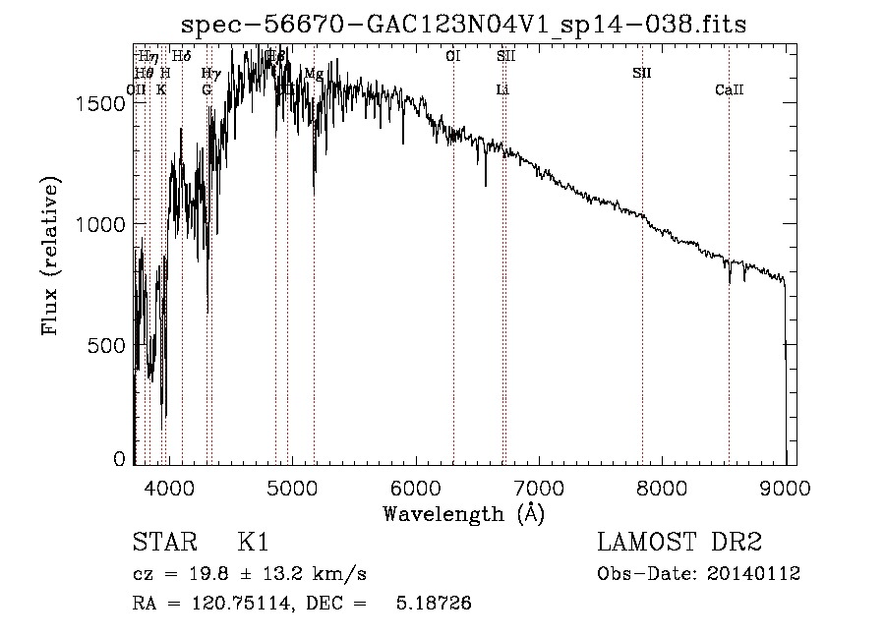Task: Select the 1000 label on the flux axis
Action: [x=101, y=224]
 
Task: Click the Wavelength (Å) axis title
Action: [x=463, y=513]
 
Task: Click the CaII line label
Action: [x=729, y=90]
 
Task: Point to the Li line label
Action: [x=502, y=90]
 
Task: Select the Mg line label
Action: [x=314, y=74]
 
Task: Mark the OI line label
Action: [x=453, y=57]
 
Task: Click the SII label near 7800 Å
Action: [x=641, y=74]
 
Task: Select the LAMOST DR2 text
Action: [x=678, y=543]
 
